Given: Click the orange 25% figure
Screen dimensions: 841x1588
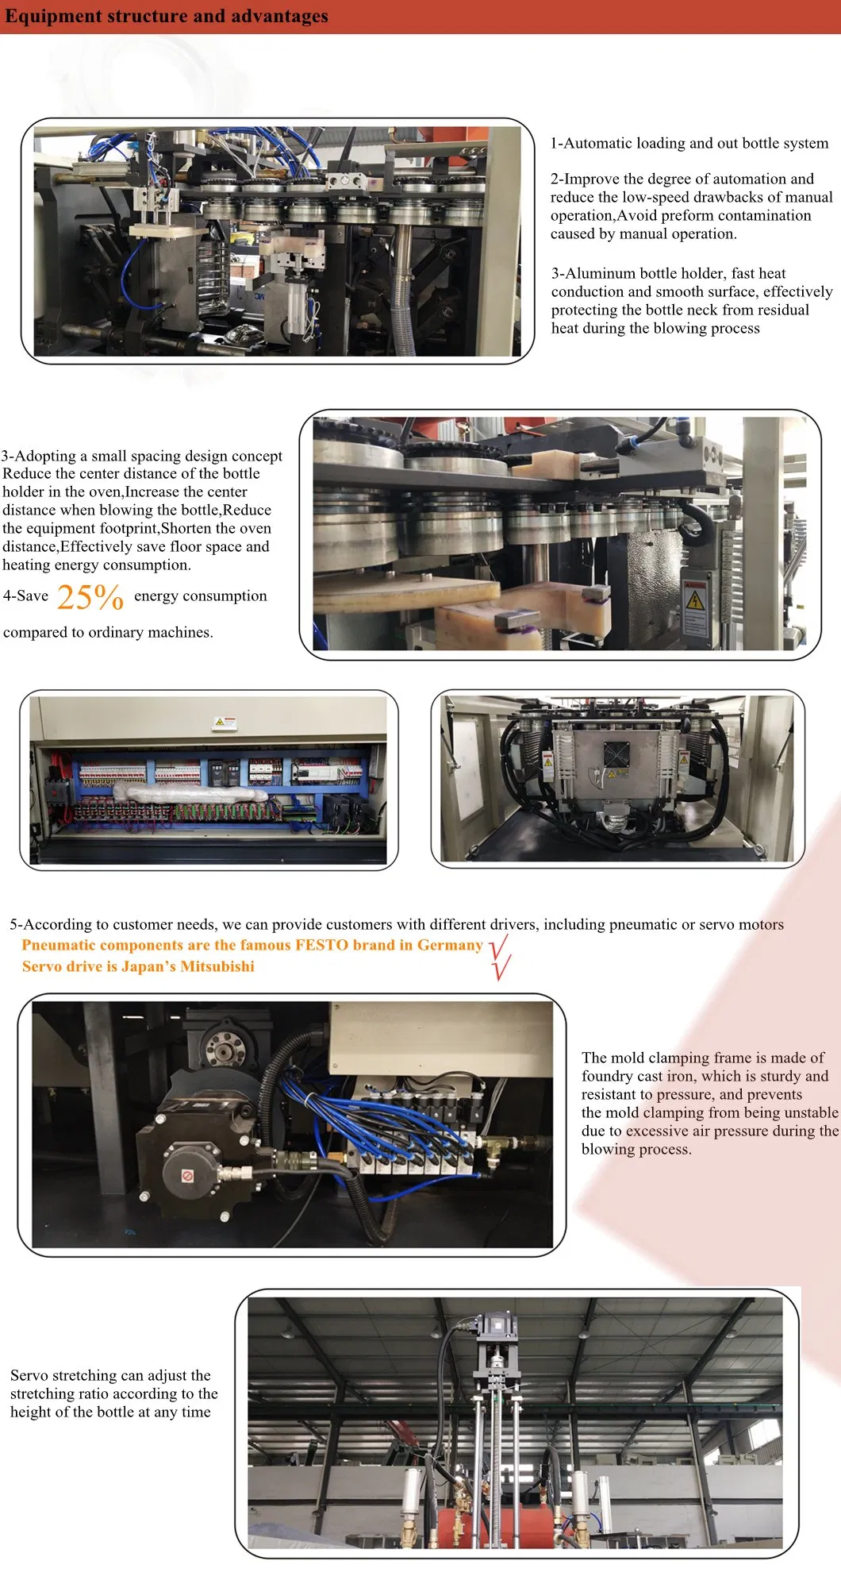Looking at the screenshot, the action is click(90, 597).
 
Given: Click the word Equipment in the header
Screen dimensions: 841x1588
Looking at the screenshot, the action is click(46, 17).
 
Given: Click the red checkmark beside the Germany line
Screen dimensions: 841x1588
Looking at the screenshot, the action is click(498, 945).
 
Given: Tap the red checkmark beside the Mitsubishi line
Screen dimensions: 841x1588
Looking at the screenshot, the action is click(501, 967).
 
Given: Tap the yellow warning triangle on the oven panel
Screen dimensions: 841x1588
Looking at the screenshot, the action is click(695, 600).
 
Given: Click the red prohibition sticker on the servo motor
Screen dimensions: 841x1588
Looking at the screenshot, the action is click(188, 1176).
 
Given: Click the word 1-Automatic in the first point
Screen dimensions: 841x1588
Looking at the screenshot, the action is click(591, 143).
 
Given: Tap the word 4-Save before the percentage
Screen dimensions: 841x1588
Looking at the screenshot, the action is click(25, 595).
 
